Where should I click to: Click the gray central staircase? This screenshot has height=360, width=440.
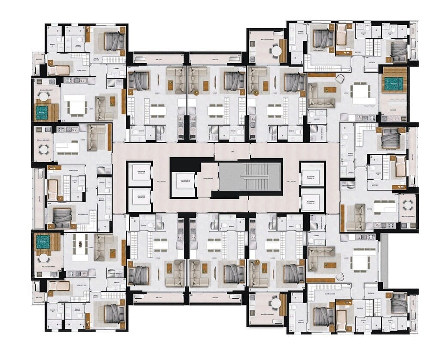coord(250,177)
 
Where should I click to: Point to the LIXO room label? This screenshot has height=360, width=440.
coord(232,152)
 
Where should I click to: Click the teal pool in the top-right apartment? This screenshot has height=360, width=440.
coord(394,83)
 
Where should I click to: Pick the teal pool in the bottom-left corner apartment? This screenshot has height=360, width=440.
coord(43,243)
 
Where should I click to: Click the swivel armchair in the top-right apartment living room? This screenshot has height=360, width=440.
coord(340,79)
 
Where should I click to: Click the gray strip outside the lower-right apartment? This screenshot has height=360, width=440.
coord(384,260)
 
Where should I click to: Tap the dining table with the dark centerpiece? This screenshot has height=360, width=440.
coord(80,247)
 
